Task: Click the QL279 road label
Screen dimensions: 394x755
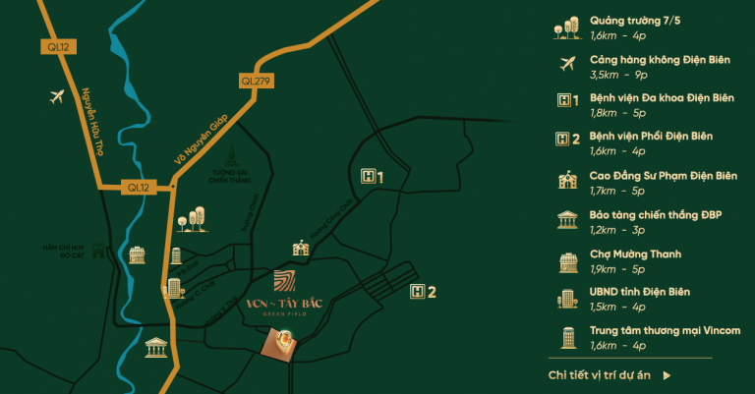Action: [x=254, y=81]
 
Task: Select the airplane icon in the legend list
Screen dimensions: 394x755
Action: [x=565, y=64]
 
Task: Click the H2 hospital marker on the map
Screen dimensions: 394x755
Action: [x=422, y=291]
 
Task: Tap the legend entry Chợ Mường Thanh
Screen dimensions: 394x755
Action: [x=635, y=253]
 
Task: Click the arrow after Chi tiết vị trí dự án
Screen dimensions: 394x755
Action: [x=668, y=374]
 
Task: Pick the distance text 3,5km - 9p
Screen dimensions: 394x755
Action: [x=618, y=74]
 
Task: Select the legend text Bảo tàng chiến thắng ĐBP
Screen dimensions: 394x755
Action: [x=656, y=215]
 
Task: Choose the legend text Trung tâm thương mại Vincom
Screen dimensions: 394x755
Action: [x=665, y=331]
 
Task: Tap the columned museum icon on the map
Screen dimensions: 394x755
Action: [x=154, y=347]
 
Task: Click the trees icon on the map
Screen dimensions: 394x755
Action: [x=192, y=218]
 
